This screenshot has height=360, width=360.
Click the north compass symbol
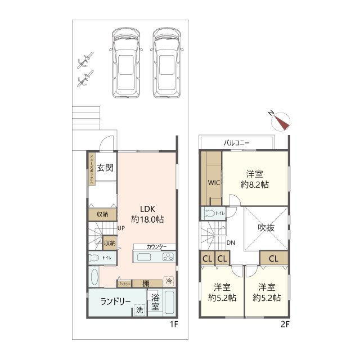tap(280, 121)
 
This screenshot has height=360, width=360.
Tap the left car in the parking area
tap(126, 63)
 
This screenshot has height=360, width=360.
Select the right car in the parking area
tap(167, 63)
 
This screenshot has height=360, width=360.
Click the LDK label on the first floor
tap(147, 209)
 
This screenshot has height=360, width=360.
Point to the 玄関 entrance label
tap(105, 168)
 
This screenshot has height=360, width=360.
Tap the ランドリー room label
tap(115, 301)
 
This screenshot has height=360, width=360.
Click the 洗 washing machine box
tap(139, 310)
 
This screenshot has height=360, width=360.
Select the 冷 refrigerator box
tap(169, 281)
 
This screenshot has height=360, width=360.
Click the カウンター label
tap(156, 247)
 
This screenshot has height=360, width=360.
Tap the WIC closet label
tap(214, 183)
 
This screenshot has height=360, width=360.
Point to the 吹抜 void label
tap(266, 228)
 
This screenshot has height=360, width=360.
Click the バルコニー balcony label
tap(236, 143)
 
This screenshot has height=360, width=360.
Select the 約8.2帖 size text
tap(255, 184)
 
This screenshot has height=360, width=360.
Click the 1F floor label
tap(174, 324)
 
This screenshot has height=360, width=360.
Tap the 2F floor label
tap(285, 324)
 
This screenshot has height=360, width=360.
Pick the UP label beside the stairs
tap(121, 228)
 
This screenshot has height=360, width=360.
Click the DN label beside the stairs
tap(231, 242)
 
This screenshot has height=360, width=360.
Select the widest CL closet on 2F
tap(274, 259)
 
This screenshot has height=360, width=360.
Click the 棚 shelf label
tap(146, 283)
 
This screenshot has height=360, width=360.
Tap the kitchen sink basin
tap(144, 257)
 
